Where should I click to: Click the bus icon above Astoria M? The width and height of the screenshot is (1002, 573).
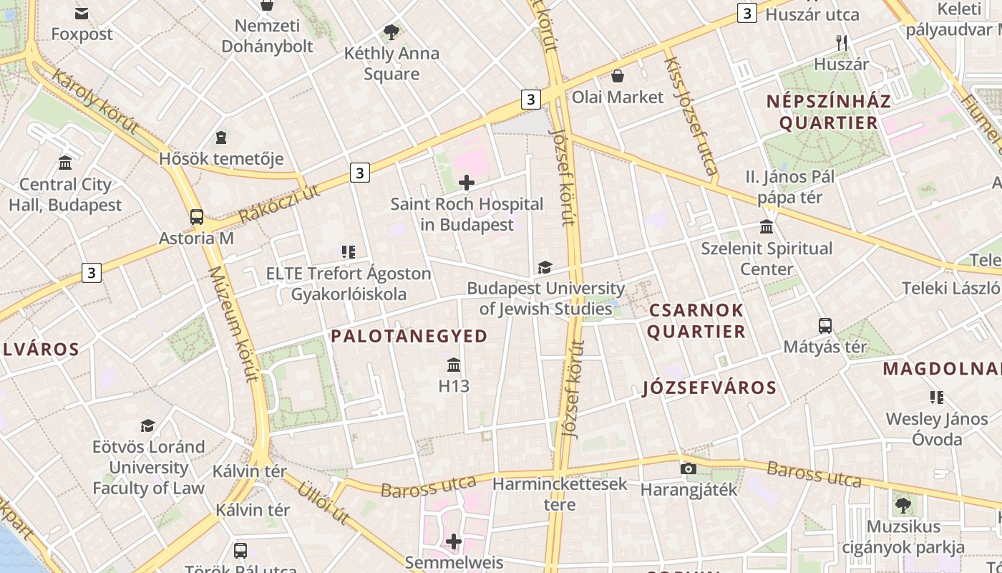[196, 217]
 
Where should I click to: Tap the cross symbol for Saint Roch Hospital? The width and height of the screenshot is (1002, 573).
[467, 183]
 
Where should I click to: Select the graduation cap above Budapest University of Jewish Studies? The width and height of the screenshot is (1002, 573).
[545, 267]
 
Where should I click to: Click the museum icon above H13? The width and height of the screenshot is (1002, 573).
[454, 365]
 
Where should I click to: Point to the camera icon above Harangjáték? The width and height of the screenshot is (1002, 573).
[689, 468]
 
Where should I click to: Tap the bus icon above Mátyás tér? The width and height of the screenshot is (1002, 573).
[825, 325]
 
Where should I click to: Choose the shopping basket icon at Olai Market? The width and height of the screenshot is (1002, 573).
[618, 75]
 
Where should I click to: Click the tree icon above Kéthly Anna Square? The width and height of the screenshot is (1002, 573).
[391, 32]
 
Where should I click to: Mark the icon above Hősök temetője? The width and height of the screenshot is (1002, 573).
[221, 137]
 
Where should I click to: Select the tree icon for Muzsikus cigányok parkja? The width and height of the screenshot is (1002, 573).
[903, 506]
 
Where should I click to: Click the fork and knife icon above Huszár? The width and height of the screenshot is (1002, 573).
[842, 43]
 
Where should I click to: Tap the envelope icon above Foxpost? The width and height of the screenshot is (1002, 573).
[82, 13]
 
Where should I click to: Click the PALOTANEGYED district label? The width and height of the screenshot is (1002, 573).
[409, 336]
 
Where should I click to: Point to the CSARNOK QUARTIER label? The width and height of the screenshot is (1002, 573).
[697, 321]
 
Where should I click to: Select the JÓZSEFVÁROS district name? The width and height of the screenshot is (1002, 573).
[709, 387]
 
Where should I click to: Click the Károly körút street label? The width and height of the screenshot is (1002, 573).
[95, 102]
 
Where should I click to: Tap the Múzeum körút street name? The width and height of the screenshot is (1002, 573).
[232, 324]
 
